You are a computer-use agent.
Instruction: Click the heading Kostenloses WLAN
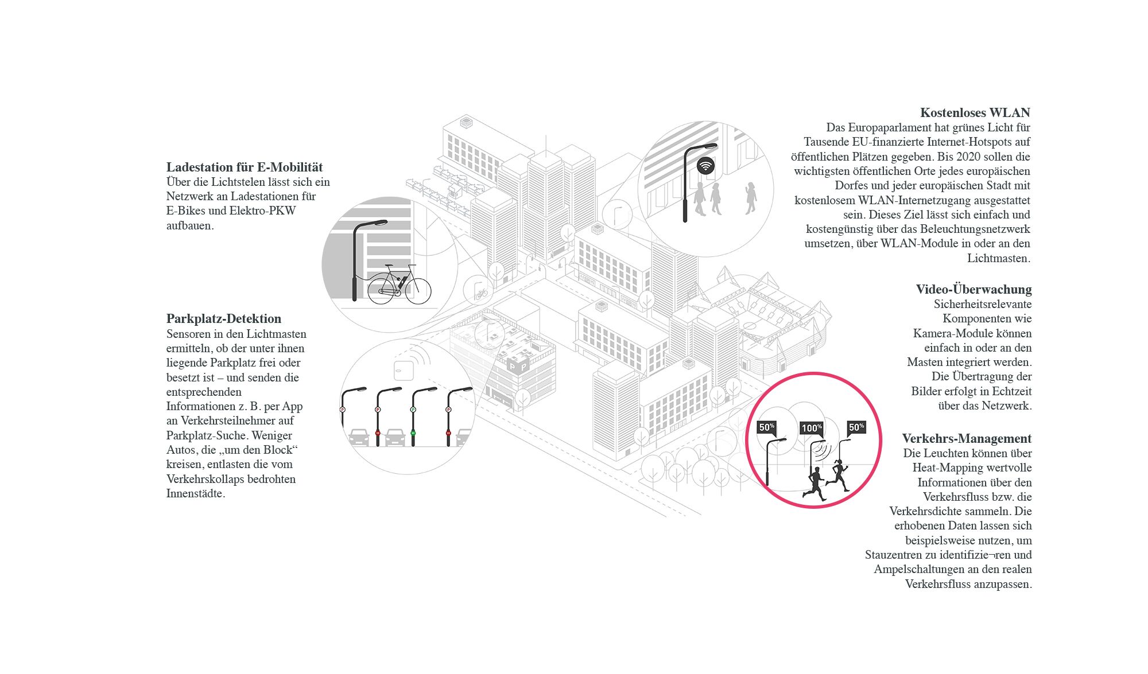click(975, 112)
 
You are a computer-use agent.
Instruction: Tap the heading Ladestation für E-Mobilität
click(245, 167)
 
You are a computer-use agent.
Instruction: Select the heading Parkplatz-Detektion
click(224, 319)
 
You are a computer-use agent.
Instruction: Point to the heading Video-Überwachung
click(974, 289)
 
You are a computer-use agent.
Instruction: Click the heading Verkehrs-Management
click(967, 439)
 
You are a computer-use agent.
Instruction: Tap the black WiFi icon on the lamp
click(705, 166)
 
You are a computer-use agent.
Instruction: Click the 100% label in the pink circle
click(812, 428)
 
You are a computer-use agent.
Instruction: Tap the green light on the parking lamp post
click(413, 433)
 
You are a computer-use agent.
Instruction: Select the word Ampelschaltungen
click(921, 569)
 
